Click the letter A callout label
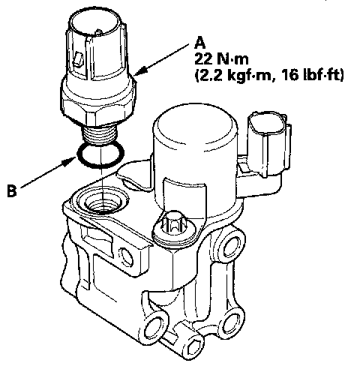point(200,43)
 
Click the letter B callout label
point(12,190)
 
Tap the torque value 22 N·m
point(221,59)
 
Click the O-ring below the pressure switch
point(100,154)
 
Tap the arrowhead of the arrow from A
point(140,70)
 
